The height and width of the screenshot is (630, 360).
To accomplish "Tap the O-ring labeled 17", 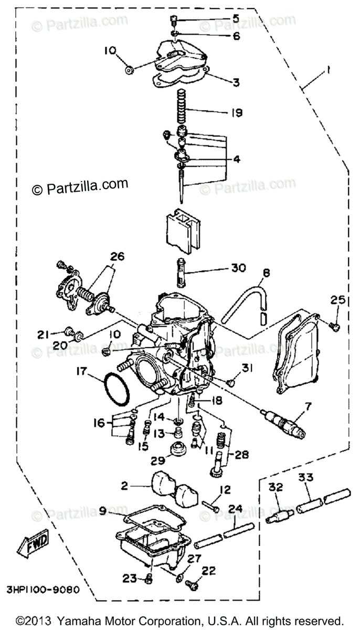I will coord(116,389).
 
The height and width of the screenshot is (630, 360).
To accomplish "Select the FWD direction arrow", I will coord(33,542).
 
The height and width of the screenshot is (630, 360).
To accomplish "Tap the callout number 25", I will coord(336,300).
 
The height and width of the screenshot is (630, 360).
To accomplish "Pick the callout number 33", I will coord(306,477).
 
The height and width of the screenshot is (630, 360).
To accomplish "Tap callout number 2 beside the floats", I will coord(124,487).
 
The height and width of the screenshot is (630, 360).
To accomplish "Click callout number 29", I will coord(157,460).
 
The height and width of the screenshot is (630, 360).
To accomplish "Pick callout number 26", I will coord(118,257).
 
